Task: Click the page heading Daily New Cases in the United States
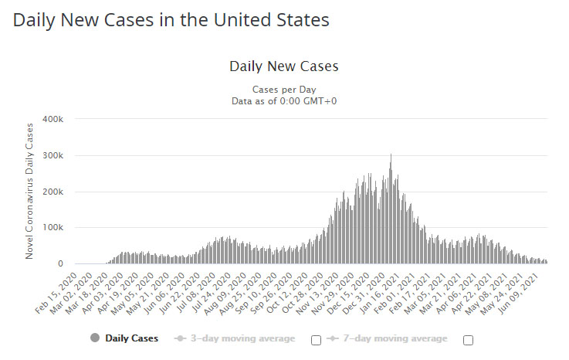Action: click(x=171, y=21)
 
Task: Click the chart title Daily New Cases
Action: click(x=283, y=66)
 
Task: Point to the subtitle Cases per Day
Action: click(x=283, y=89)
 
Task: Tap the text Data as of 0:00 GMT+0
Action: click(x=283, y=100)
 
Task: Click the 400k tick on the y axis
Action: click(x=52, y=119)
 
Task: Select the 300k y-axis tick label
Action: click(x=52, y=155)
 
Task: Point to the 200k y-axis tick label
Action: click(x=52, y=192)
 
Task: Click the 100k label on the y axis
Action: click(x=52, y=228)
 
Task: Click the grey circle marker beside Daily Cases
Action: click(x=96, y=338)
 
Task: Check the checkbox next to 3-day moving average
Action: click(x=315, y=340)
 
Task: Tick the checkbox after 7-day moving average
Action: click(x=468, y=340)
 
